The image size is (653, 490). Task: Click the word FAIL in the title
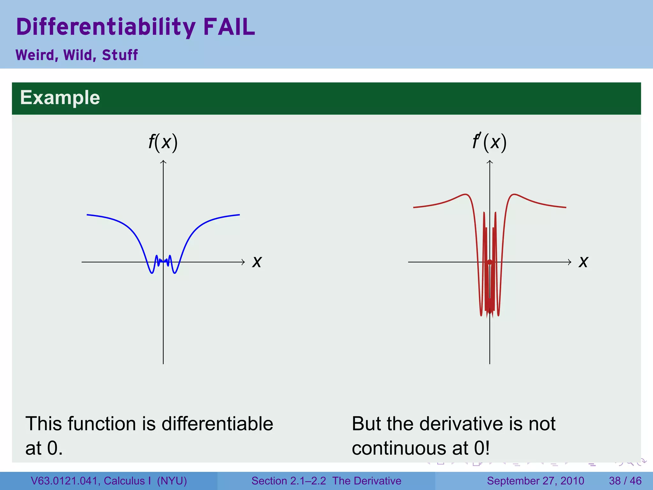[229, 27]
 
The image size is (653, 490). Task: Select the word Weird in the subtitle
[35, 55]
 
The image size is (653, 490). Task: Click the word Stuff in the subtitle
[120, 55]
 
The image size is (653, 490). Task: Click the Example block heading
[60, 97]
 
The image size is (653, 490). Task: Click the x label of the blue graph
[257, 262]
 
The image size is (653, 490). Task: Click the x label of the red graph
[583, 262]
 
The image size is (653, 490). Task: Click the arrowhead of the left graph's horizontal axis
[243, 262]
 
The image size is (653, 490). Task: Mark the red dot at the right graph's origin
[490, 262]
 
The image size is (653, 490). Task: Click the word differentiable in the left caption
[217, 424]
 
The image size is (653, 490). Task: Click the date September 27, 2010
[535, 481]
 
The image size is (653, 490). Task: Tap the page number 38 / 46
[625, 481]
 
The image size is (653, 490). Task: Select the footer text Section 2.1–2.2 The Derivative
[326, 481]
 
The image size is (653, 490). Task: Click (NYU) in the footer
[172, 481]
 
